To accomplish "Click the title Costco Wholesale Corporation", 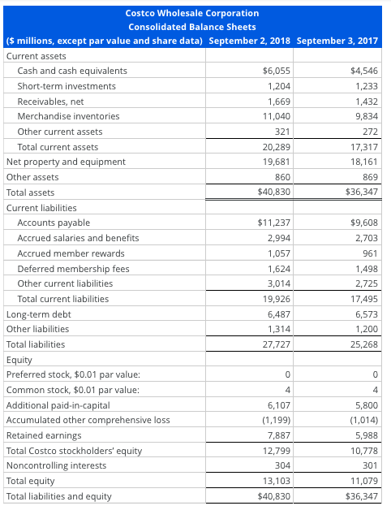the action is tap(193, 13).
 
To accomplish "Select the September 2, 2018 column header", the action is tap(251, 41).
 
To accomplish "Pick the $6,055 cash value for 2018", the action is tap(277, 71).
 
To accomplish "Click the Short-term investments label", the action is tap(67, 86).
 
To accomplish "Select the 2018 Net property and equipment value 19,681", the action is tap(275, 162).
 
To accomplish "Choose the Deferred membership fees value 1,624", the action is tap(277, 268).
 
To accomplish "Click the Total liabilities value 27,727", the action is tap(275, 344).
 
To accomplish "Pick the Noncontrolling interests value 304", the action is tap(281, 465).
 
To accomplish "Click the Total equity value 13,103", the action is tap(275, 481).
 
